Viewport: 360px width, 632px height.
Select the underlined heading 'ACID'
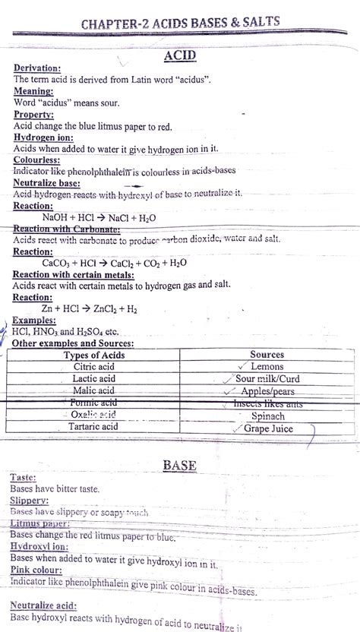pyautogui.click(x=180, y=55)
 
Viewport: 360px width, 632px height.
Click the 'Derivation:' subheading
pyautogui.click(x=37, y=68)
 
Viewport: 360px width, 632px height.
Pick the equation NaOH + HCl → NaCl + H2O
pyautogui.click(x=99, y=217)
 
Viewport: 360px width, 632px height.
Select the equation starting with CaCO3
pyautogui.click(x=114, y=263)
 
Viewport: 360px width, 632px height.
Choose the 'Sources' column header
pyautogui.click(x=267, y=355)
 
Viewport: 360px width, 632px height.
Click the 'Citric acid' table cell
pyautogui.click(x=93, y=367)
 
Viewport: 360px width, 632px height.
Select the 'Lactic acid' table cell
pyautogui.click(x=93, y=378)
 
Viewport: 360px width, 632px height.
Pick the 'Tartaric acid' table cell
pyautogui.click(x=93, y=427)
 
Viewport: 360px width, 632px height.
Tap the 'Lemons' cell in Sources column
pyautogui.click(x=266, y=367)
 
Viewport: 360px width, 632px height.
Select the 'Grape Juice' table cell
pyautogui.click(x=267, y=428)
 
